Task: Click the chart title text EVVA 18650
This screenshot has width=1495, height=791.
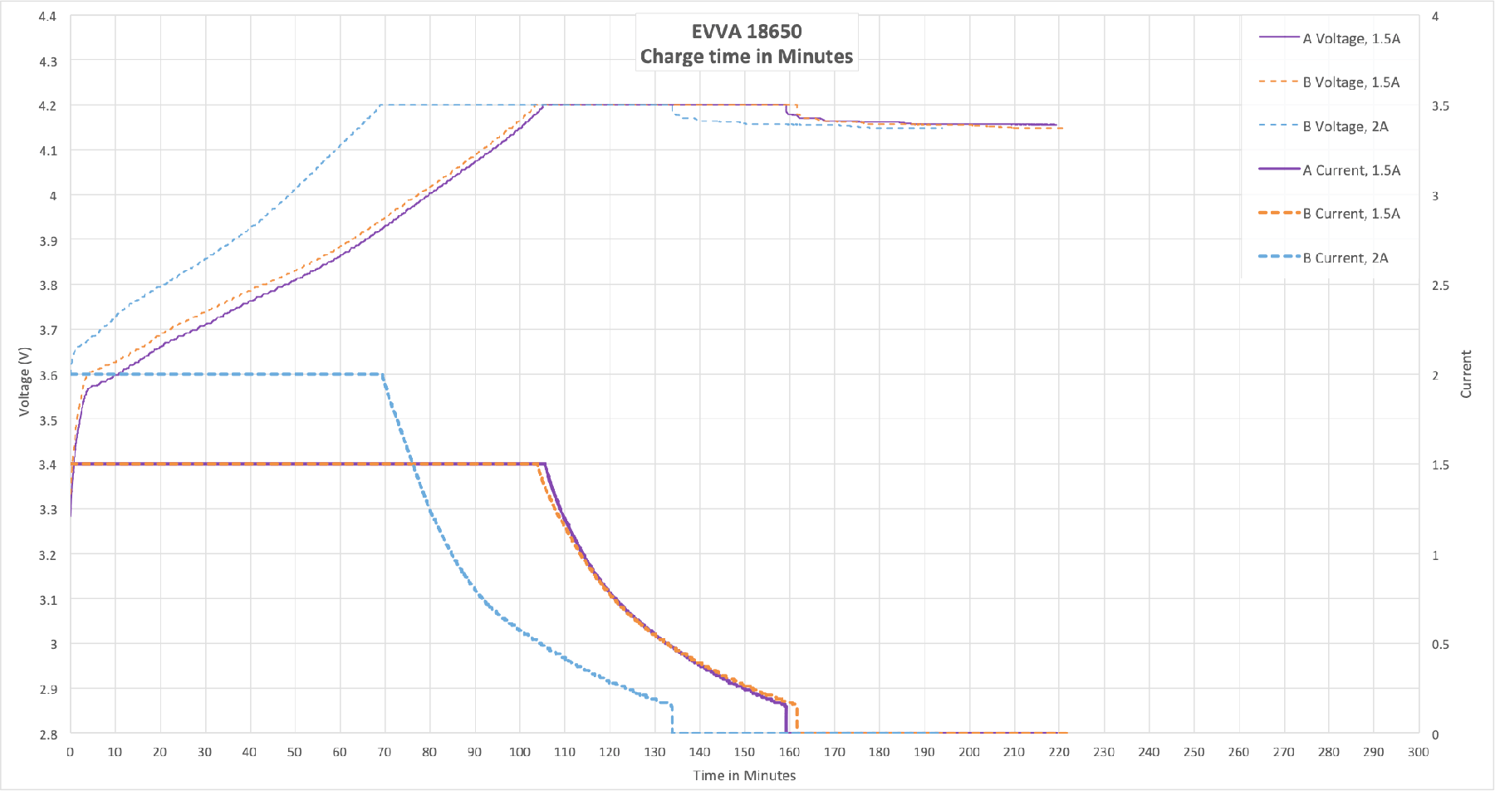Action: (x=747, y=32)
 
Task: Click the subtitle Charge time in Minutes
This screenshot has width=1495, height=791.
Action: (x=747, y=56)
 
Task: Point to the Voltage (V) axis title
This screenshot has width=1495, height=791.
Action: (x=25, y=381)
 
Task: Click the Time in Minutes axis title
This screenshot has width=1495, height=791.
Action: (x=744, y=775)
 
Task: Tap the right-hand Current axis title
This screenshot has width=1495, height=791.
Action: (x=1466, y=374)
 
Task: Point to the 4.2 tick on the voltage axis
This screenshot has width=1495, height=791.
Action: (x=48, y=106)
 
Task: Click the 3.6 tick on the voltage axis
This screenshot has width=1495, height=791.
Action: (x=48, y=375)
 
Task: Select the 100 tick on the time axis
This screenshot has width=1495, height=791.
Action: (x=520, y=752)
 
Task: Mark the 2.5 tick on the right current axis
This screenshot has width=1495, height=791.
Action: (x=1440, y=285)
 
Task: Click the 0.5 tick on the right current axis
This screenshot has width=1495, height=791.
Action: (x=1440, y=644)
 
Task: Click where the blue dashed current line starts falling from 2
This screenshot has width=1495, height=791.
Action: (x=382, y=374)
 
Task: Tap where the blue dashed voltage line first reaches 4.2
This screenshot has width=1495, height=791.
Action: (x=380, y=105)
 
